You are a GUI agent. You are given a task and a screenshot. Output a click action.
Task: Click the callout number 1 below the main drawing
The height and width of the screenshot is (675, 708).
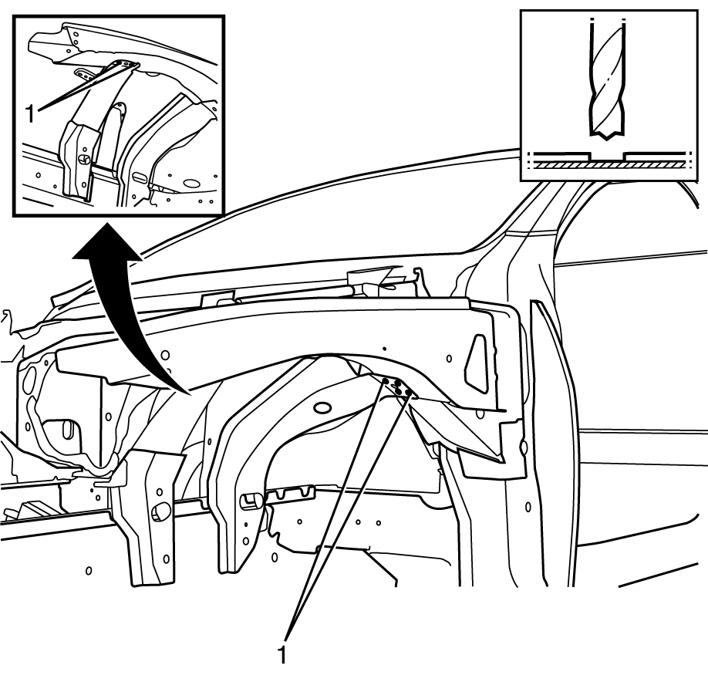282,654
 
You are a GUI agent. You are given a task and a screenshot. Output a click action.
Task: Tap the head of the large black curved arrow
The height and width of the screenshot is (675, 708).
106,244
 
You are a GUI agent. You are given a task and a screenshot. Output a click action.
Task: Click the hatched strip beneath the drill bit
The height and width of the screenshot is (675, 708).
606,166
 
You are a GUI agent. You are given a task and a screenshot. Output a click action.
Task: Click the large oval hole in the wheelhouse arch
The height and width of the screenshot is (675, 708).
322,407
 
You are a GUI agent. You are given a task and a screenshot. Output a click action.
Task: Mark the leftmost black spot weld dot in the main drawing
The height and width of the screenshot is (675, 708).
386,382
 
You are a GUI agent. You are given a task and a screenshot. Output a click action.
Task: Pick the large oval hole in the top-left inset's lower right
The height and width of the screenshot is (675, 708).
191,184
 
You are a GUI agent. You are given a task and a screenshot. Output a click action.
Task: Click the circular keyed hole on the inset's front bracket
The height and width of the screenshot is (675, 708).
84,159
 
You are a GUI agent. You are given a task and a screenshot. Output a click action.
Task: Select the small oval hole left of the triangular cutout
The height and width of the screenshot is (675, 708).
449,359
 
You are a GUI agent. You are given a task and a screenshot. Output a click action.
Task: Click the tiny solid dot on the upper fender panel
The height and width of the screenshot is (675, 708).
384,349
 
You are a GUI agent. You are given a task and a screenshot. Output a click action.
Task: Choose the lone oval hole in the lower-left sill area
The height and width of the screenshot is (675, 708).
89,571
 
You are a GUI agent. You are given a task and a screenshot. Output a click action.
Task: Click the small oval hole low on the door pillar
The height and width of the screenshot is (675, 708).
528,507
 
